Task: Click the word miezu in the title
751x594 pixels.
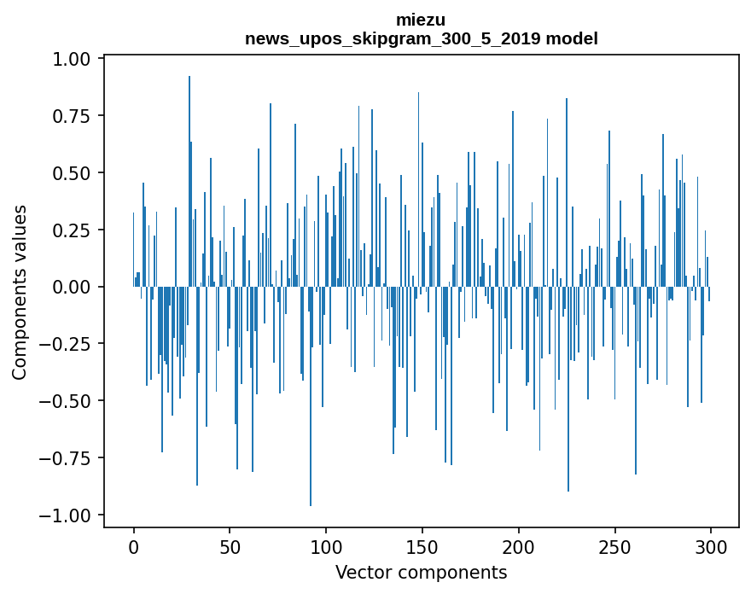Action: point(421,20)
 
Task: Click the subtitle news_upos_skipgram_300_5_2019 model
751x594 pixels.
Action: point(421,38)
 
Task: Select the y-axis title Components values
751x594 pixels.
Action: point(19,292)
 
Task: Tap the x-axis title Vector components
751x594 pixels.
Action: point(421,573)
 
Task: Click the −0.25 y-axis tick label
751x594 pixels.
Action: point(67,344)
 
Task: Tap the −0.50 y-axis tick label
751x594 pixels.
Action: point(67,401)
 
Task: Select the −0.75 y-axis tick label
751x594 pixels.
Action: point(67,458)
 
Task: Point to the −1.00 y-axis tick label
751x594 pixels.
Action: point(67,515)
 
